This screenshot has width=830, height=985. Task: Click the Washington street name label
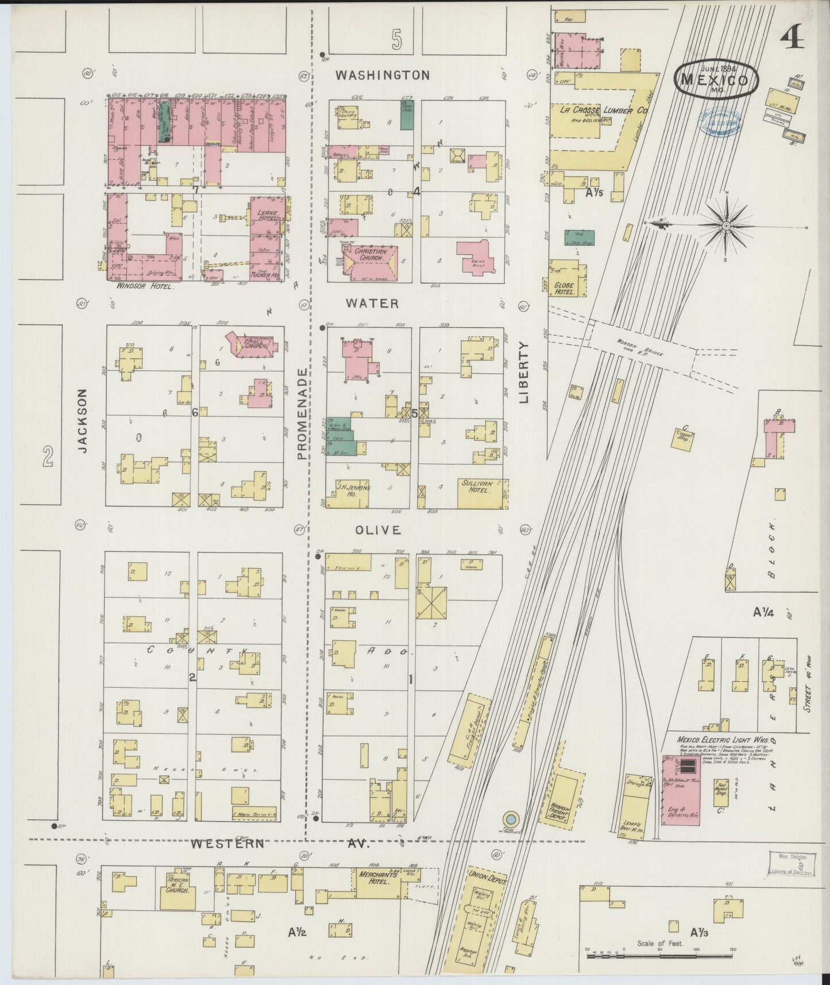click(382, 75)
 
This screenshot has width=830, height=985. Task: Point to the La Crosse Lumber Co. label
click(597, 109)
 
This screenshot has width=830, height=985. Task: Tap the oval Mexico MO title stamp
click(716, 78)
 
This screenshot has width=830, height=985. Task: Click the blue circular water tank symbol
click(509, 818)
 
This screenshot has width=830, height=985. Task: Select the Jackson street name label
click(83, 421)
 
